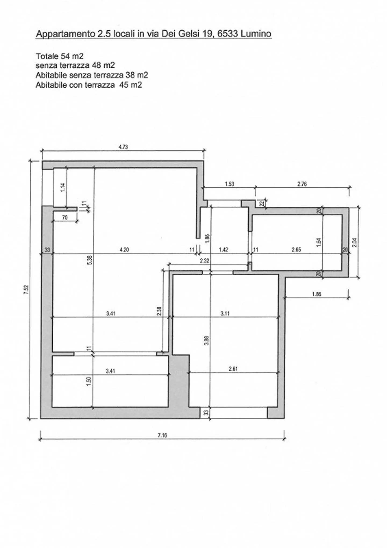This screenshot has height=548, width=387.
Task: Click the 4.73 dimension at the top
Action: (123, 147)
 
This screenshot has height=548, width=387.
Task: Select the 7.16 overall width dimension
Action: (162, 435)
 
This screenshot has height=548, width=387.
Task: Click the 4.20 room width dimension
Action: (124, 250)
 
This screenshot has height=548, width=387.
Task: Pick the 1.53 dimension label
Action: (229, 184)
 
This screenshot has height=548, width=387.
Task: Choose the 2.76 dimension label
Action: (302, 184)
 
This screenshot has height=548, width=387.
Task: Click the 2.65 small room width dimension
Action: (296, 250)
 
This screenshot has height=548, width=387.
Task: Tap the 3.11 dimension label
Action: (225, 313)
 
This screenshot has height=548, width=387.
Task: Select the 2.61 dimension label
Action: (233, 369)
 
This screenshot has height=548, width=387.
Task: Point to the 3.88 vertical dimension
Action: (206, 341)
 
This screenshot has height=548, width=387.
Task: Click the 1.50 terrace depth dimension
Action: (89, 381)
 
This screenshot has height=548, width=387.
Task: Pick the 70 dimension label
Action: (65, 218)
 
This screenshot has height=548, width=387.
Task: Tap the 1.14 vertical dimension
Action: (63, 187)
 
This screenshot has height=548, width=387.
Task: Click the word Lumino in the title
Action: (256, 34)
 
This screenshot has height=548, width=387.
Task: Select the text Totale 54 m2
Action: (60, 56)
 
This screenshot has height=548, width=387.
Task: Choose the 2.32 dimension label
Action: (205, 261)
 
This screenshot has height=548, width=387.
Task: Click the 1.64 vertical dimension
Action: (319, 242)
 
